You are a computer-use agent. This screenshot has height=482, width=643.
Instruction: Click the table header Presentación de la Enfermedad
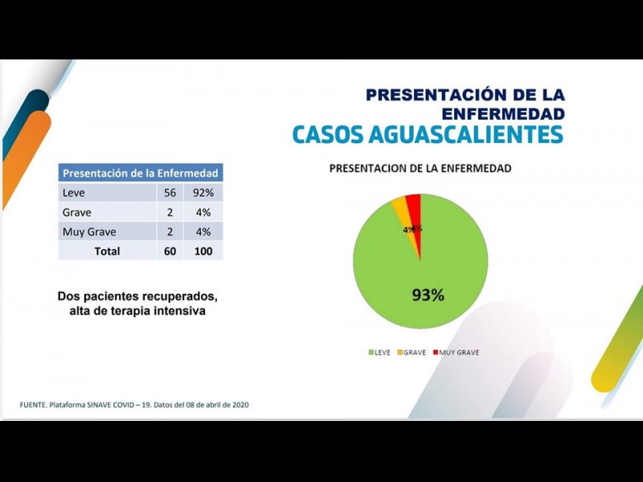pos(140,173)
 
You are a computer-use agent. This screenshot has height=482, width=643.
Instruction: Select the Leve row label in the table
pos(73,193)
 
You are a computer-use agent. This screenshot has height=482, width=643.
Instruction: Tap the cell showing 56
pos(169,193)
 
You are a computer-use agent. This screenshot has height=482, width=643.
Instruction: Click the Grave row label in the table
pos(76,212)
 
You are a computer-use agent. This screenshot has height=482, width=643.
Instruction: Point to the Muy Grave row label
pos(88,232)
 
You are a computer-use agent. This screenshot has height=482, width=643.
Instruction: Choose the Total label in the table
pos(107,251)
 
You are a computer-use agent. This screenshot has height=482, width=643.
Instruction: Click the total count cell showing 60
pos(169,251)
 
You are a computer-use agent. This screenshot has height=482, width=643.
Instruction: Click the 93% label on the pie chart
pos(428,295)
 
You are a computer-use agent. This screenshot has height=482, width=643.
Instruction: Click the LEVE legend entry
pos(379,353)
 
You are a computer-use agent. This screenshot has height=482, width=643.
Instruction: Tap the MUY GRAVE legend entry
pos(456,353)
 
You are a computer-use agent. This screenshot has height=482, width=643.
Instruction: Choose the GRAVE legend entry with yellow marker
pos(411,353)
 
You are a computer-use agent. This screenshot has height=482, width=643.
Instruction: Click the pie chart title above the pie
pos(420,169)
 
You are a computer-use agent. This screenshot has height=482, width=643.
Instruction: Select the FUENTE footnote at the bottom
pos(134,405)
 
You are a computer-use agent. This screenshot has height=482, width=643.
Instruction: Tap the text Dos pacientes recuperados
pos(137,296)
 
